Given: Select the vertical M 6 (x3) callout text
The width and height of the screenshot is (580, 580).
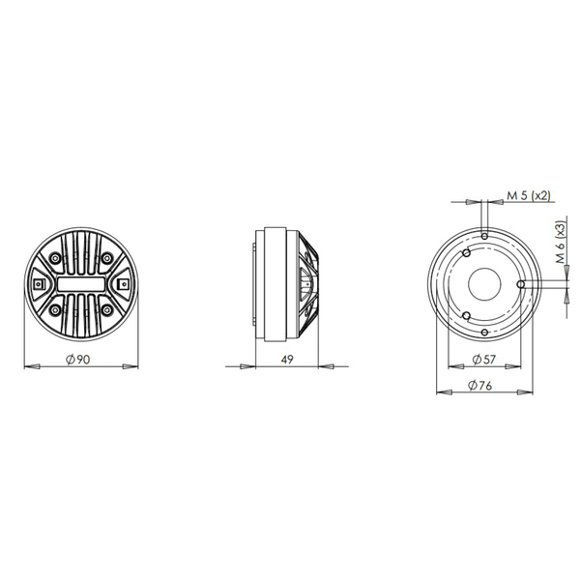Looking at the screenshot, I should (561, 244).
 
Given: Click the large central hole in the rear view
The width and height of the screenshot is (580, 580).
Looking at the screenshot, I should (483, 282).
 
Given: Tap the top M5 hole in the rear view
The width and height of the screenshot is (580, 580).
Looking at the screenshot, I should (483, 233).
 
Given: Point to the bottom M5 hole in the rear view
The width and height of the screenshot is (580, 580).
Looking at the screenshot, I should (483, 333).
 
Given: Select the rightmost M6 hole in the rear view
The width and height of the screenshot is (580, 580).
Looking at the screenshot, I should (520, 283).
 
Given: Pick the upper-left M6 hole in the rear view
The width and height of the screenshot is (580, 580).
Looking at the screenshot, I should (466, 252).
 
